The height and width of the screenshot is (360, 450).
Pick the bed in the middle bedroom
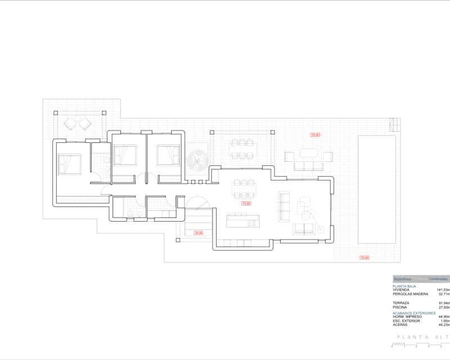click(x=125, y=155)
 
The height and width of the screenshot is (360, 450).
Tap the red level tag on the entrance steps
click(x=198, y=232)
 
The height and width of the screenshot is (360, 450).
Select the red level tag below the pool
click(x=364, y=258)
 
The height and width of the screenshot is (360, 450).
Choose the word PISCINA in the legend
click(x=400, y=307)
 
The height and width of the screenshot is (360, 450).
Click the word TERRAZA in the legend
click(x=401, y=303)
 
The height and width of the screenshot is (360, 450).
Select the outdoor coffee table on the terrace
click(x=308, y=152)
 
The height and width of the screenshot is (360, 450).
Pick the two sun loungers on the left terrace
click(x=78, y=123)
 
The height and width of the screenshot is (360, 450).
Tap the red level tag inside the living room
click(x=246, y=203)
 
